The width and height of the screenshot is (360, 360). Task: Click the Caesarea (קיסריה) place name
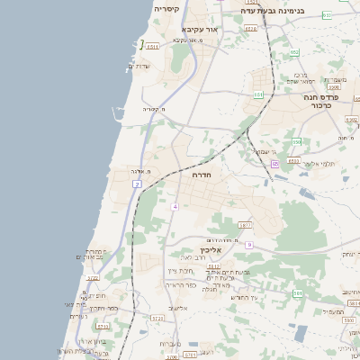pyautogui.click(x=166, y=9)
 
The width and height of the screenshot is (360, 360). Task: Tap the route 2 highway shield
pyautogui.click(x=138, y=184)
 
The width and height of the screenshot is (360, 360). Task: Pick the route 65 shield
pyautogui.click(x=274, y=164)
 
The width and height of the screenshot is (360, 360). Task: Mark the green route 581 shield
pyautogui.click(x=297, y=293)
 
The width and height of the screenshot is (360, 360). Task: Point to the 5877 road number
pyautogui.click(x=245, y=224)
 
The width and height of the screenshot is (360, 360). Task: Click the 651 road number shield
pyautogui.click(x=259, y=94)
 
